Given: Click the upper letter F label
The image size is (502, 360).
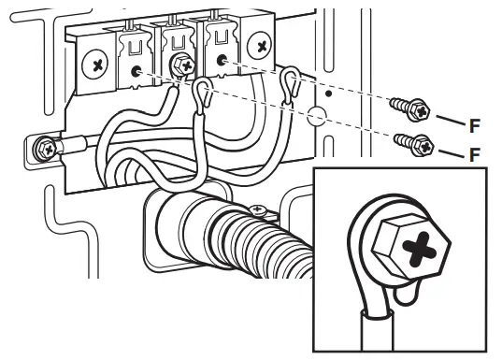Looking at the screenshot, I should pos(475,122).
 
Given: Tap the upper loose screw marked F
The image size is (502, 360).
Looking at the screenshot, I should pos(411,108).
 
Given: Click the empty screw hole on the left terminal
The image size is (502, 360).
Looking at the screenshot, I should pos(138,72).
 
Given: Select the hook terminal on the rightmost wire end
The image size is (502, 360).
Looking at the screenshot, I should pos(292,86).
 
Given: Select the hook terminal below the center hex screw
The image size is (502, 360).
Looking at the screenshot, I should pos(201,91).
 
